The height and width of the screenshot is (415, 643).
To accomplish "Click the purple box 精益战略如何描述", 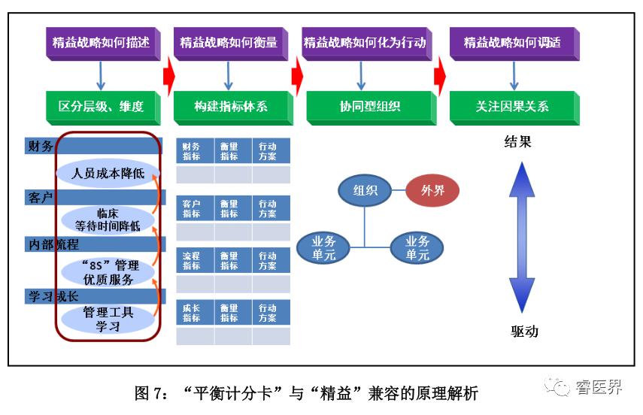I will (x=101, y=43).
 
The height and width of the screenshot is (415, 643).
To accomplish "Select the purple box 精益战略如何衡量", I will (x=229, y=43).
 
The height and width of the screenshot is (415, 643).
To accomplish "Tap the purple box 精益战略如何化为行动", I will (x=365, y=43).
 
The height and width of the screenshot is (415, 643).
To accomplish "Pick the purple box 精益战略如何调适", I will (x=513, y=43).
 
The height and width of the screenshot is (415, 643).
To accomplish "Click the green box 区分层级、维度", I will (x=101, y=107).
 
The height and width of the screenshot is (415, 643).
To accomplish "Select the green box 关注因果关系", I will (x=513, y=107).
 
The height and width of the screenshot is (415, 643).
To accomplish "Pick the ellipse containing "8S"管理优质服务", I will (x=108, y=272).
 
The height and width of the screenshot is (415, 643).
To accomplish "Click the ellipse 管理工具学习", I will (x=108, y=319).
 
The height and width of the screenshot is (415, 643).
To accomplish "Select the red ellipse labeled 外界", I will (x=432, y=190).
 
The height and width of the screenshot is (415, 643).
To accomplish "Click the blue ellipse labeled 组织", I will (x=365, y=190).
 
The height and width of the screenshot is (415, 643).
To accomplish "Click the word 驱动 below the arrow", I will (x=524, y=332).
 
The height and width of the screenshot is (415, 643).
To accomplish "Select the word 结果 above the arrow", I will (x=517, y=141).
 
